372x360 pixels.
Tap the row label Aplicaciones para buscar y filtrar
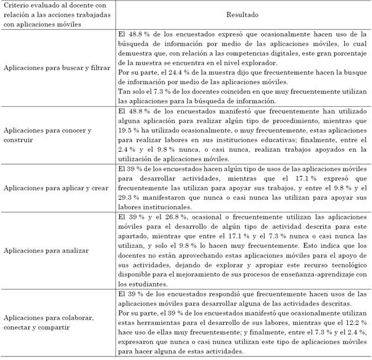(x=56, y=68)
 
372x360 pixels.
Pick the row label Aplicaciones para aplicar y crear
(x=53, y=187)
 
